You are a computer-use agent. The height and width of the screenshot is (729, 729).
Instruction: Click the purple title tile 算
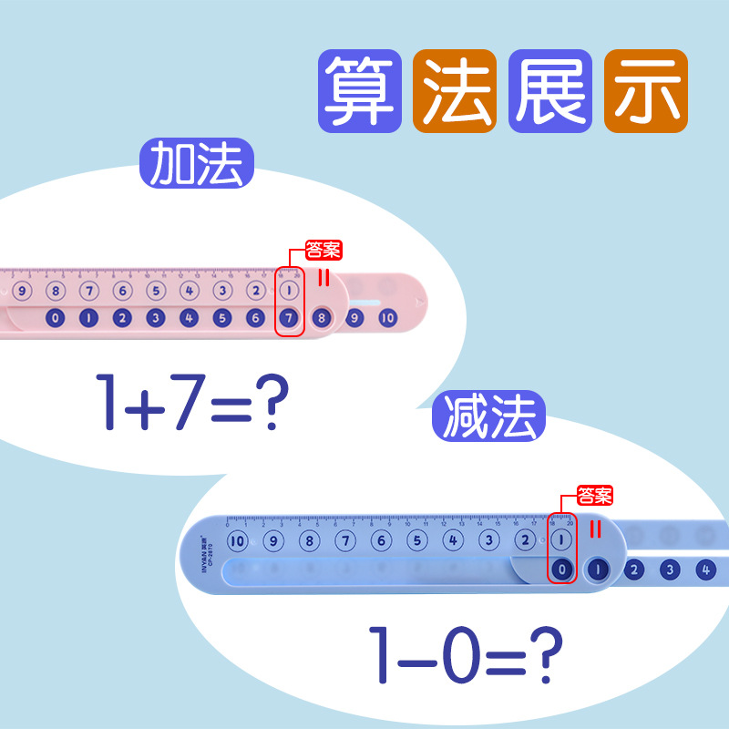361,91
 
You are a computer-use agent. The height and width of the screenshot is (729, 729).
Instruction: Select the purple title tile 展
550,91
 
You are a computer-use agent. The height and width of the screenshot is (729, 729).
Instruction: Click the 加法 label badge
196,164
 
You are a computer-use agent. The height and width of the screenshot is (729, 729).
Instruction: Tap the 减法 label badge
488,416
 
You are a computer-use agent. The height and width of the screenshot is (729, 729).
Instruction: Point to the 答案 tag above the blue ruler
595,497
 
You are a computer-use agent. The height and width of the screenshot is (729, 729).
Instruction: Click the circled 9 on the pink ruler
23,292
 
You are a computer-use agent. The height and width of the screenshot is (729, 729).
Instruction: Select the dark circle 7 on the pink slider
289,318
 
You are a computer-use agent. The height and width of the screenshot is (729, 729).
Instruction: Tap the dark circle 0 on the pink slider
55,318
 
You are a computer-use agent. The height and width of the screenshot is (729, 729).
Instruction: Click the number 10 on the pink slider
387,318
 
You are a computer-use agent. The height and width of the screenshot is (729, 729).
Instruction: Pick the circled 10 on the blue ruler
238,540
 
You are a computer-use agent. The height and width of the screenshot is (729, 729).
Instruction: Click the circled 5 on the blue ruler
416,540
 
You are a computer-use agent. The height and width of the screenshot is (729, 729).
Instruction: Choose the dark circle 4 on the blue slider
704,570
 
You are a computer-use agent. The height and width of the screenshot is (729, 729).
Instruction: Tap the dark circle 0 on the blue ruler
562,570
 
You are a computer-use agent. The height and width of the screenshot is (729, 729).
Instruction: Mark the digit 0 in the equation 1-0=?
449,653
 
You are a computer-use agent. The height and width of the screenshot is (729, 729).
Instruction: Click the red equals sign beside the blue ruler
597,529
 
